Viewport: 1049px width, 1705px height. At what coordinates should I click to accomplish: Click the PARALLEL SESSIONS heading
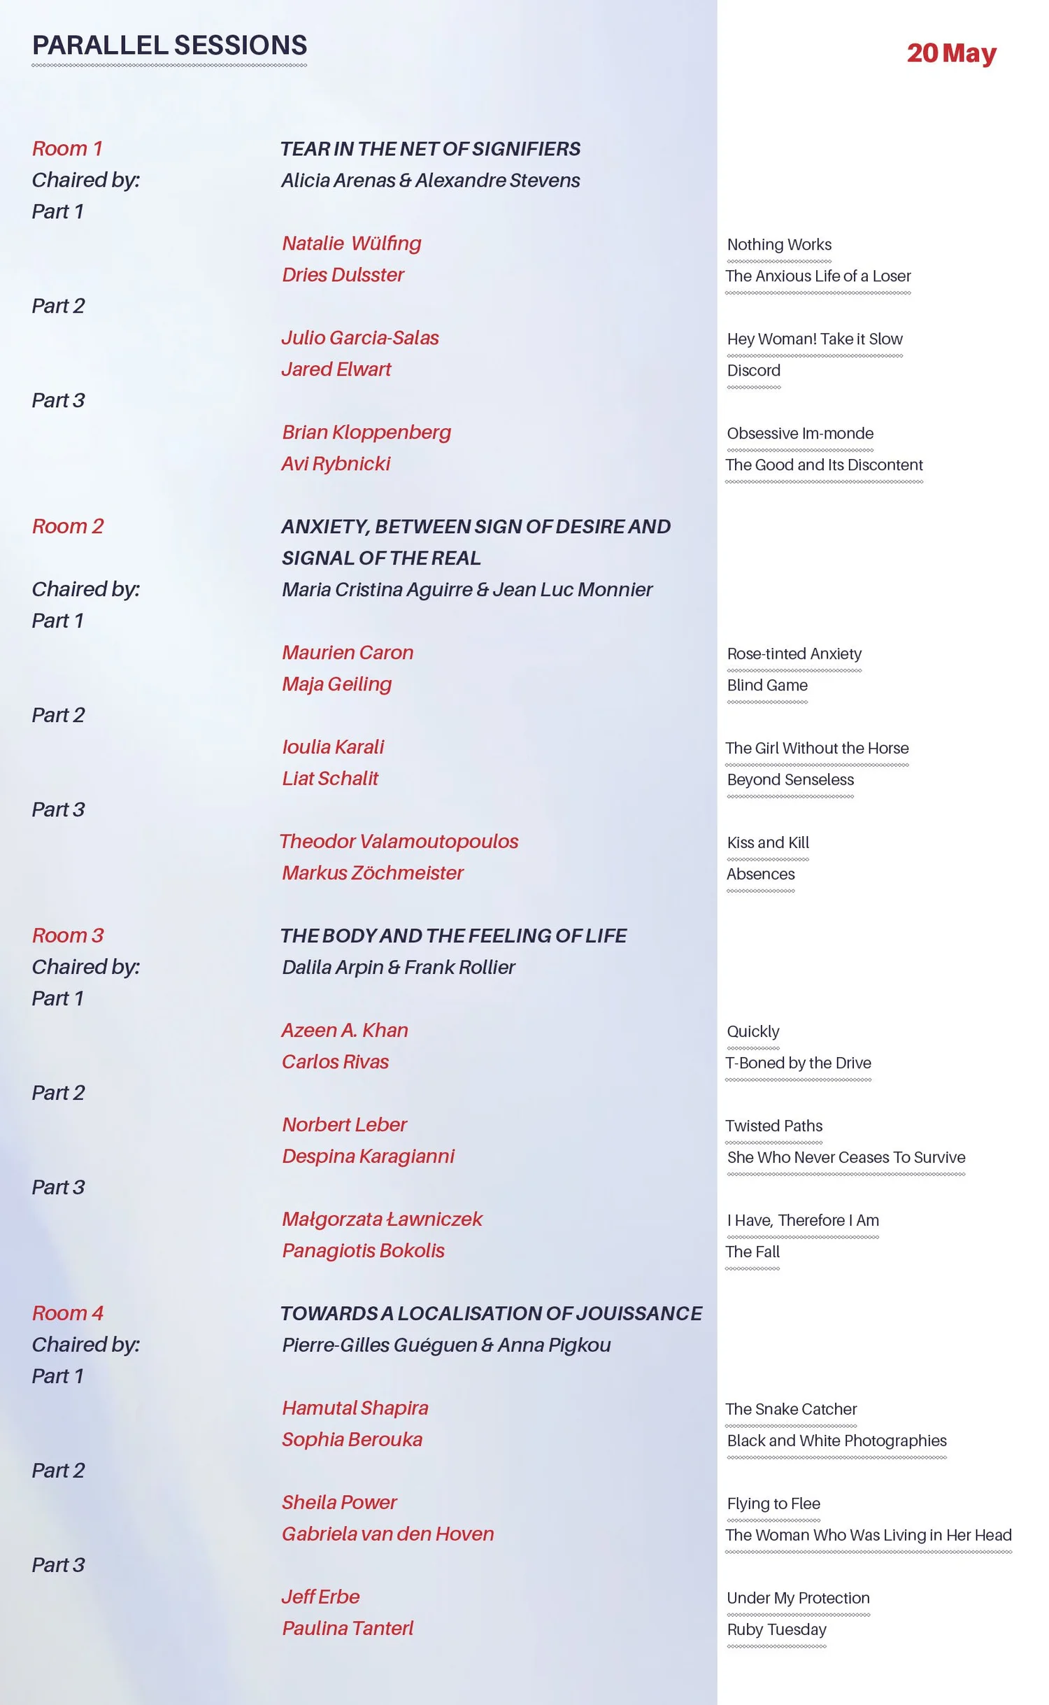click(x=169, y=45)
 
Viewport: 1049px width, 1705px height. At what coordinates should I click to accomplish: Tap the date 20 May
click(x=951, y=53)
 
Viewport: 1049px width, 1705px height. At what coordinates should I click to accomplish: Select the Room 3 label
click(x=68, y=935)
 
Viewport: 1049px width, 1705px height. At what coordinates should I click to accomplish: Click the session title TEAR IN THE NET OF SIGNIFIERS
click(x=430, y=149)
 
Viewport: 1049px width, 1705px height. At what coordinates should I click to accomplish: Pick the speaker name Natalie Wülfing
click(x=351, y=243)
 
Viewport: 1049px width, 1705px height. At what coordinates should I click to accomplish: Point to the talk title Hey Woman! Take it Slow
click(x=815, y=339)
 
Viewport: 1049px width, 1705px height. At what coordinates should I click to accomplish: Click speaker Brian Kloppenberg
click(x=366, y=432)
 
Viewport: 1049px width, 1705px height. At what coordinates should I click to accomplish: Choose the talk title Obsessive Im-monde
click(x=800, y=434)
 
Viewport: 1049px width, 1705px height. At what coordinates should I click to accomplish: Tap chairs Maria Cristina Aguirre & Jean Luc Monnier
click(x=466, y=590)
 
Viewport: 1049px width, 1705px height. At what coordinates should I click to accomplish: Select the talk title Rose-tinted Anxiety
click(x=794, y=654)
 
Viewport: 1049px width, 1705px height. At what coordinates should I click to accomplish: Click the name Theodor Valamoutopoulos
click(x=399, y=842)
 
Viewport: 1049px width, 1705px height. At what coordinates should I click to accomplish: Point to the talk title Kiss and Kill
click(x=768, y=843)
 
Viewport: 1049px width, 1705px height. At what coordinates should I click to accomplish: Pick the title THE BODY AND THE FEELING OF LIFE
click(x=453, y=936)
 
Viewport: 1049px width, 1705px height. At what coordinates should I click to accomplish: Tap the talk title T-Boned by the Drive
click(x=798, y=1063)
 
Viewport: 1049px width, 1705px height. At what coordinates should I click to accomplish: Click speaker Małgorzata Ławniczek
click(x=382, y=1219)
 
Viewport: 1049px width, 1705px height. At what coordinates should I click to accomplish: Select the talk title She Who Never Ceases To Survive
click(x=845, y=1158)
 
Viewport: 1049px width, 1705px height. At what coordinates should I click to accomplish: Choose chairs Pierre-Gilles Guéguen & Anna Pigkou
click(x=446, y=1345)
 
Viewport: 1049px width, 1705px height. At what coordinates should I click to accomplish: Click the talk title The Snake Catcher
click(x=791, y=1410)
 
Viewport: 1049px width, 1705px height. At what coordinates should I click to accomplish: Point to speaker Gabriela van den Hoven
click(x=387, y=1534)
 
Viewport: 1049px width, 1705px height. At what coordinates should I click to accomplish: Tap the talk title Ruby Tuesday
click(x=776, y=1630)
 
